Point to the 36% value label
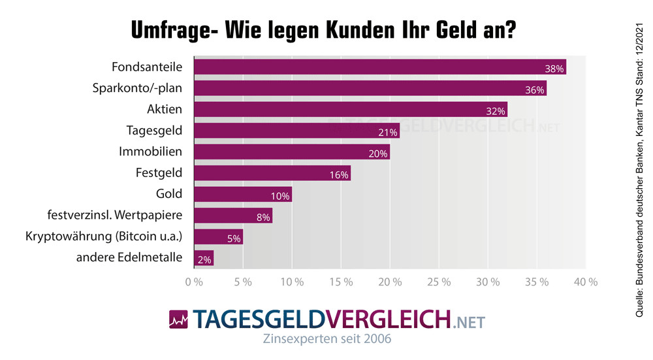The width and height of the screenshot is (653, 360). (535, 90)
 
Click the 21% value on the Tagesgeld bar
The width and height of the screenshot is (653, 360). (388, 133)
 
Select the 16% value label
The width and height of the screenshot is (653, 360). (340, 175)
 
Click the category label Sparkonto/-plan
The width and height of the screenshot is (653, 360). (137, 88)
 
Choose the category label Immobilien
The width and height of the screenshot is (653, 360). (150, 152)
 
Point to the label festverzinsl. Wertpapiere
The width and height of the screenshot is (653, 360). (115, 215)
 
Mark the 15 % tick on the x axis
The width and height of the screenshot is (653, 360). (341, 282)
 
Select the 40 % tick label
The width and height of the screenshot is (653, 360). (585, 282)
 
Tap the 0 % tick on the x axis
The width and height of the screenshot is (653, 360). (194, 282)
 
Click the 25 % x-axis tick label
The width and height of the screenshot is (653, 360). (439, 282)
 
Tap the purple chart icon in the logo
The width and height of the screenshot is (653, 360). (178, 319)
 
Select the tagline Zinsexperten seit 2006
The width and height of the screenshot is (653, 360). (326, 340)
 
